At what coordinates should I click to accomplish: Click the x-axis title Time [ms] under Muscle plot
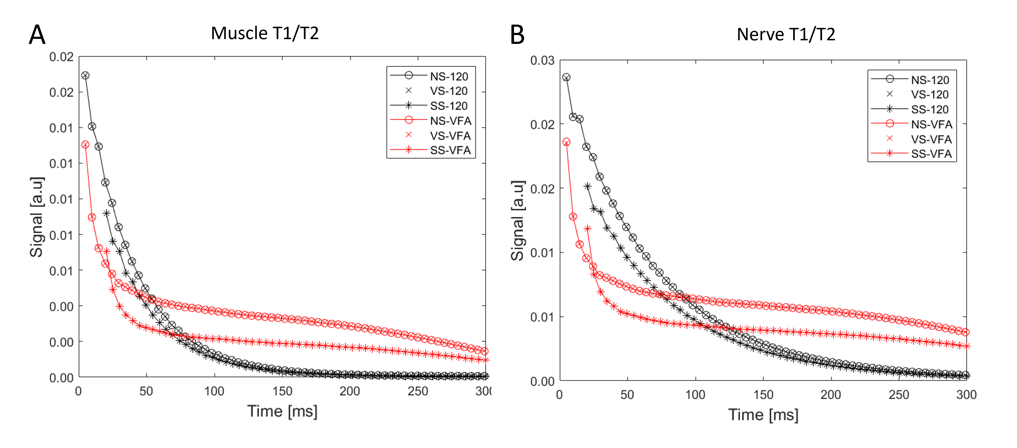[282, 411]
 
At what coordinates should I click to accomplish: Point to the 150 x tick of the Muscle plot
[282, 391]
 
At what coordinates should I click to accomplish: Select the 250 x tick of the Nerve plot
[899, 395]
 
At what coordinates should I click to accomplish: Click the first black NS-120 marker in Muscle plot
[85, 75]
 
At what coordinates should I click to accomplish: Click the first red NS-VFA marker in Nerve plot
[566, 142]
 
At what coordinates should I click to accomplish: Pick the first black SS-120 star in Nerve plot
[588, 186]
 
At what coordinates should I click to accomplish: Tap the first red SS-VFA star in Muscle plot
[106, 251]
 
